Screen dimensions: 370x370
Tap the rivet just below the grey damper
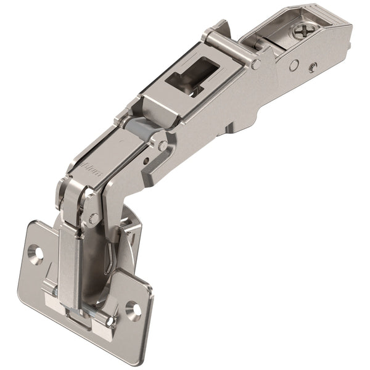coord(162,146)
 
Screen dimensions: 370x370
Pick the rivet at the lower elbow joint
coord(94,218)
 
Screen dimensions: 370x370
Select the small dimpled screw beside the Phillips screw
coord(314,67)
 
